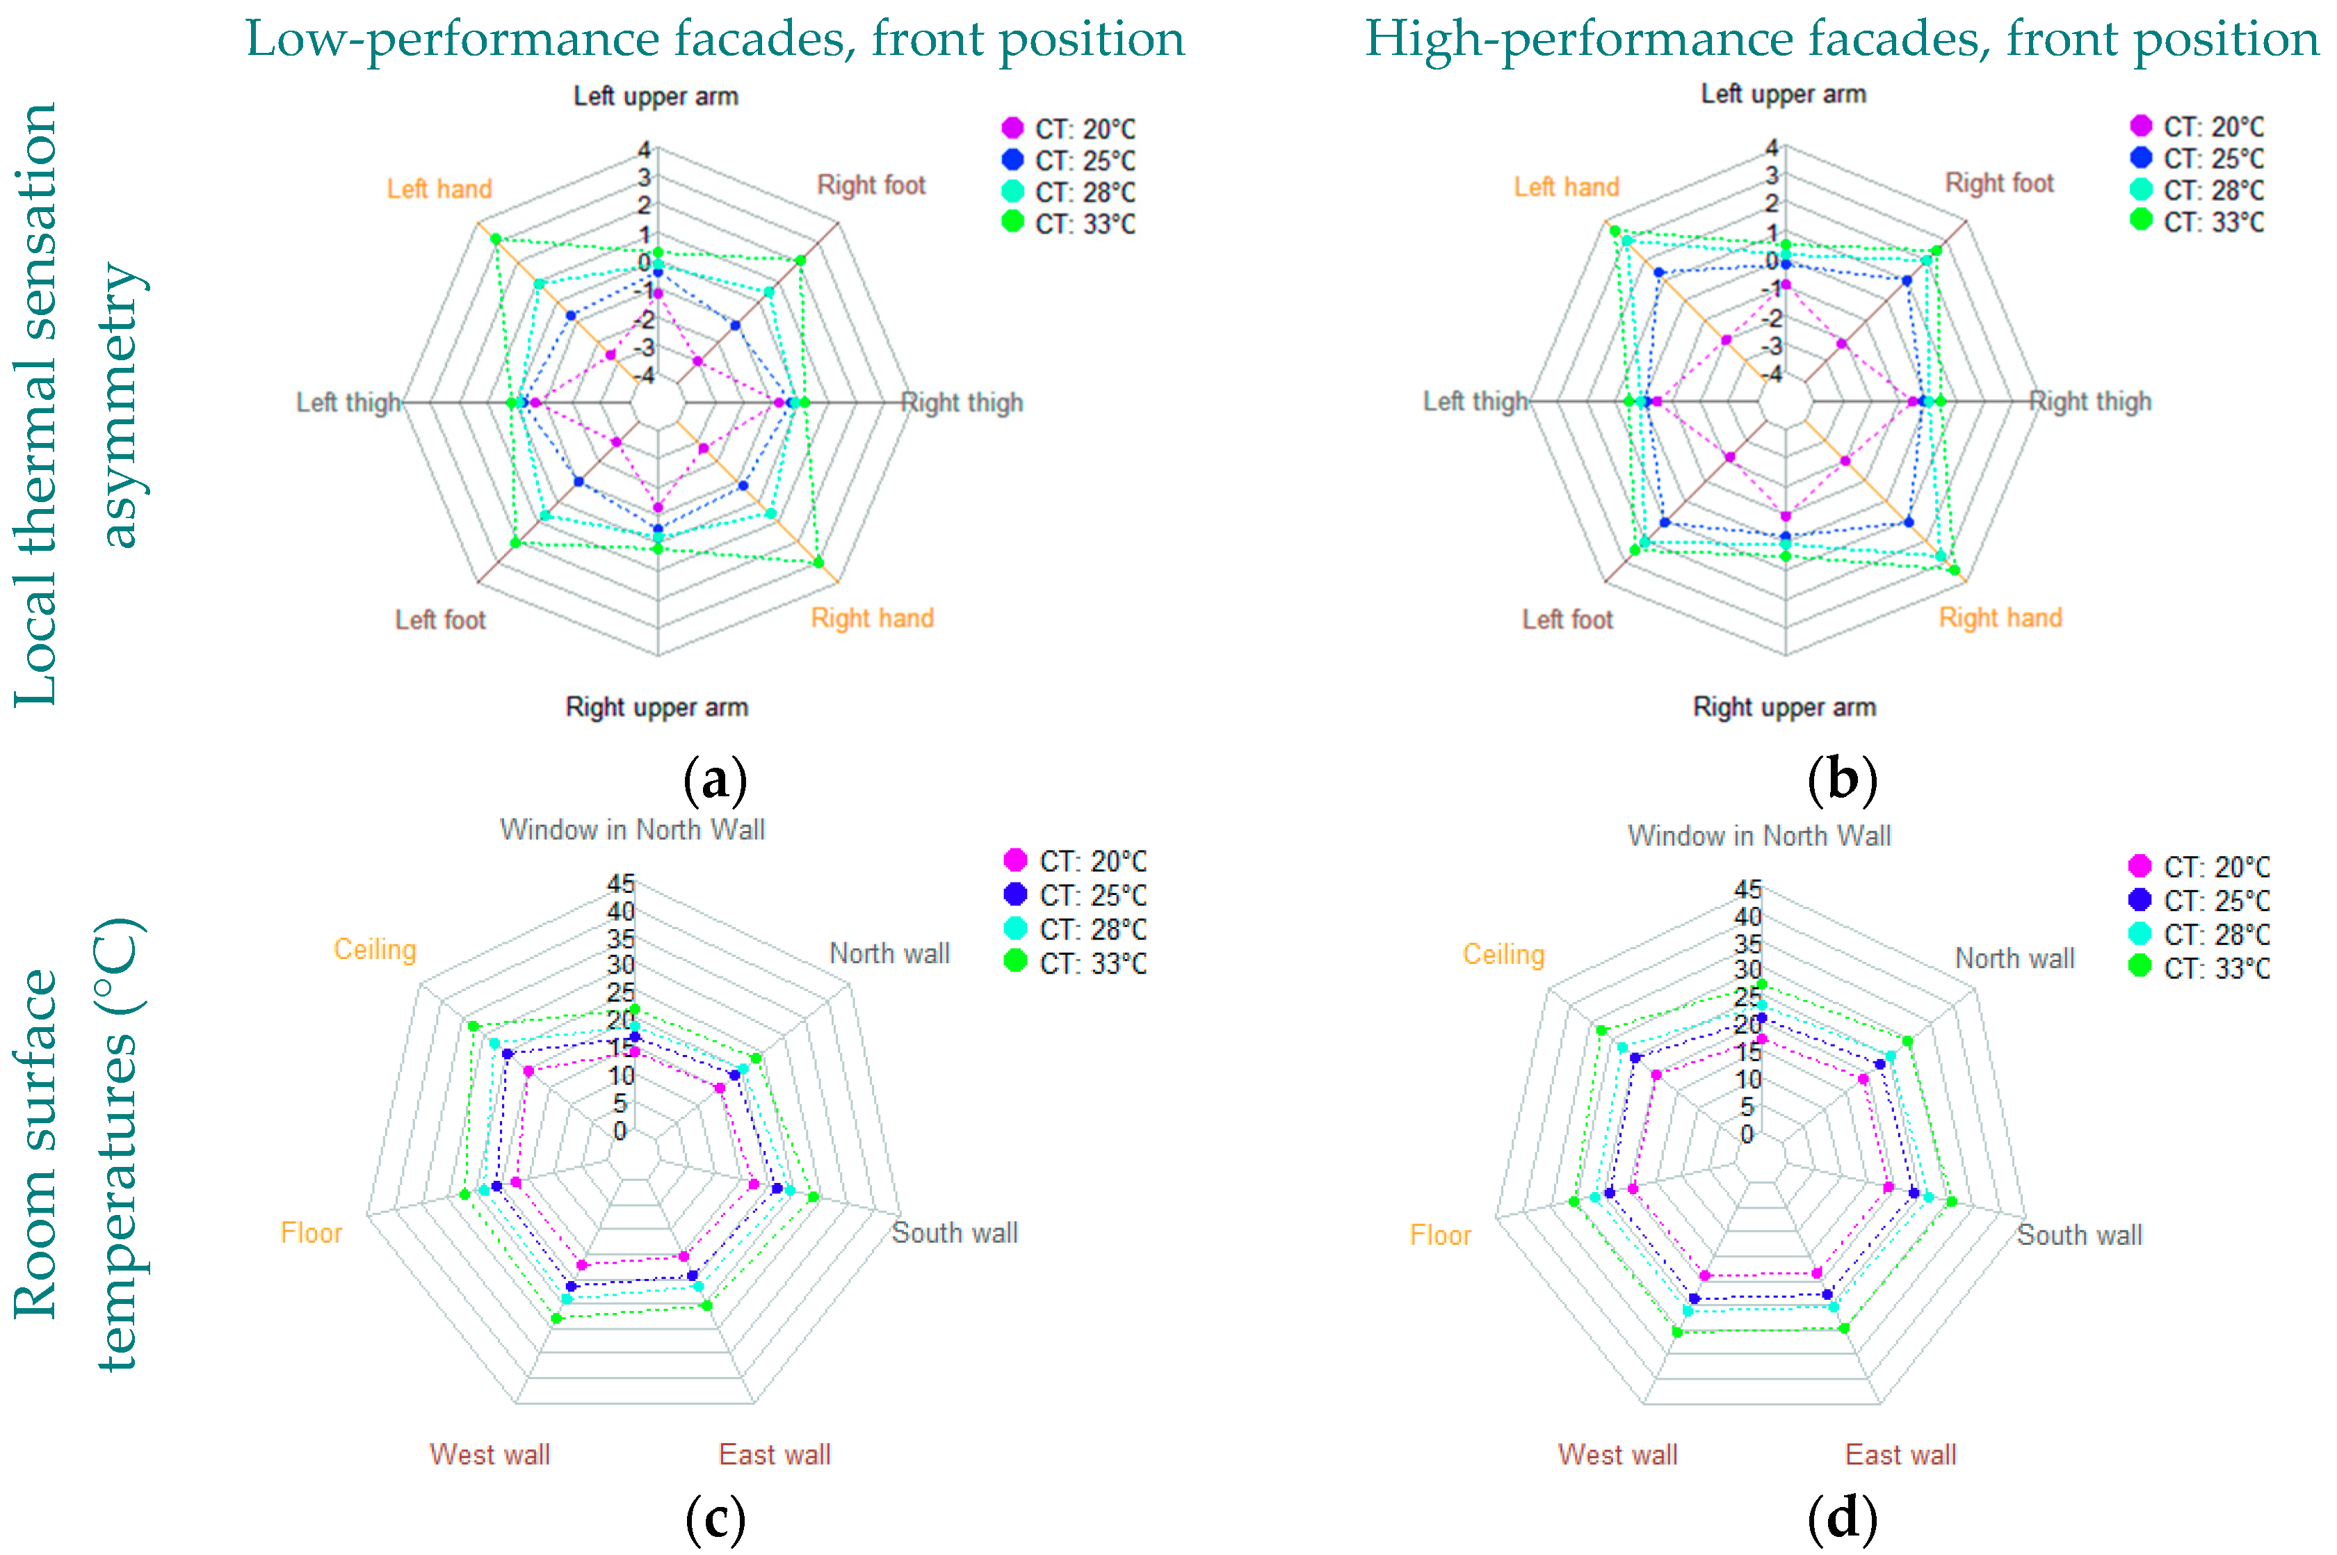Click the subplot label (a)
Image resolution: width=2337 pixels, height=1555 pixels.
pyautogui.click(x=715, y=780)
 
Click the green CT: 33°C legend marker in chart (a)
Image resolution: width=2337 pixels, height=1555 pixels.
pyautogui.click(x=1012, y=221)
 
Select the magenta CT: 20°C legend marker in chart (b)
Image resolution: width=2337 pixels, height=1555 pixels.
pyautogui.click(x=2141, y=126)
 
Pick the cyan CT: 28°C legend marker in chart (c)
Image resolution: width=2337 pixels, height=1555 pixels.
pyautogui.click(x=1015, y=928)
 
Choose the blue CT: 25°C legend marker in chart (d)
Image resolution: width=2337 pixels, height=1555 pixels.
pyautogui.click(x=2140, y=899)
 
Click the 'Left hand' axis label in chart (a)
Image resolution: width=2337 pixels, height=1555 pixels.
pyautogui.click(x=439, y=188)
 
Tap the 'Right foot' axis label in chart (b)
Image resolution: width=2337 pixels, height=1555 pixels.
pyautogui.click(x=1999, y=184)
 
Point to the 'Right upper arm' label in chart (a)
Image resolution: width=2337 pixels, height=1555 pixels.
pyautogui.click(x=656, y=707)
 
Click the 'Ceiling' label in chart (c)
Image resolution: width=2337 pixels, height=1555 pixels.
pyautogui.click(x=375, y=949)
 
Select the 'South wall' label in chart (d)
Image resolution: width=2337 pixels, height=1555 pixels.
pyautogui.click(x=2079, y=1234)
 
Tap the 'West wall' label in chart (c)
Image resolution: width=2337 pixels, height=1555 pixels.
pyautogui.click(x=490, y=1454)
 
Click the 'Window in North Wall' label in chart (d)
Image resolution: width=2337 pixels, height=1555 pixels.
pyautogui.click(x=1759, y=836)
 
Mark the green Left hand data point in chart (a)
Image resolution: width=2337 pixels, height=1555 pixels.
pyautogui.click(x=496, y=239)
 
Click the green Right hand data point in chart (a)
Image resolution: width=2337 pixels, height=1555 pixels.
pyautogui.click(x=818, y=563)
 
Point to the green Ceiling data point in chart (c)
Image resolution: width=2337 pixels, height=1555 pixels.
pyautogui.click(x=473, y=1026)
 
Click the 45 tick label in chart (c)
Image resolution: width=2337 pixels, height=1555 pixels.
pyautogui.click(x=621, y=884)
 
